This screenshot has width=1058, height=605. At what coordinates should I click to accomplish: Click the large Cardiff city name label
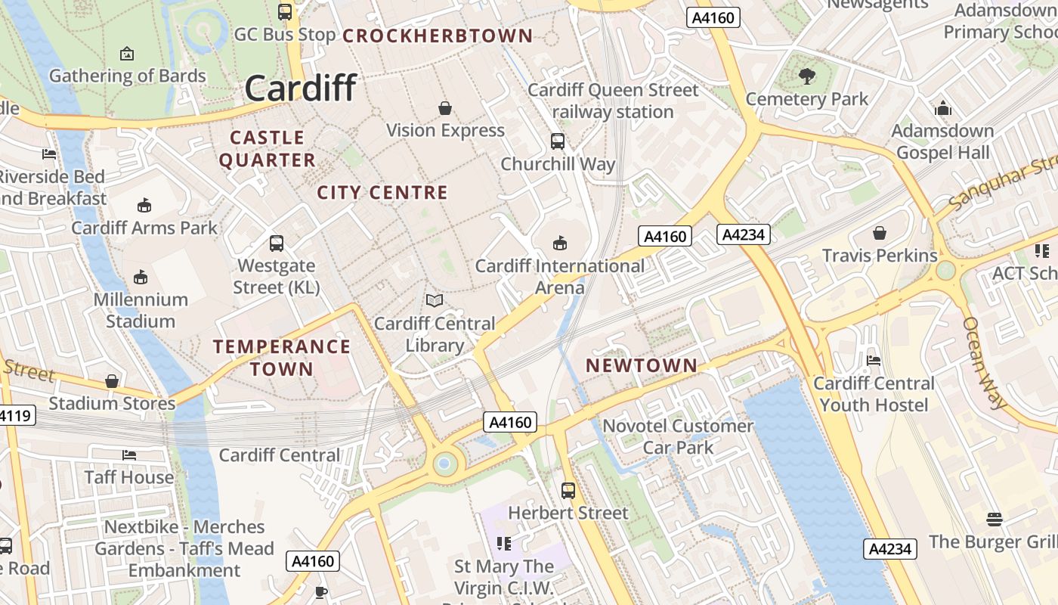tap(300, 88)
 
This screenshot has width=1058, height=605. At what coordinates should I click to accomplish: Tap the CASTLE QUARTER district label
tap(267, 149)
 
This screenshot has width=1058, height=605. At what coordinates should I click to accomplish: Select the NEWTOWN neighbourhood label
tap(642, 365)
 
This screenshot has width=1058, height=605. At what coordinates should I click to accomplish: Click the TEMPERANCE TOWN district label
tap(282, 358)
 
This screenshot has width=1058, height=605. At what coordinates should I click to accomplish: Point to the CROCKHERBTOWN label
tap(438, 36)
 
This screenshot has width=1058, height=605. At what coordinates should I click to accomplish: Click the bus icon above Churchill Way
tap(558, 141)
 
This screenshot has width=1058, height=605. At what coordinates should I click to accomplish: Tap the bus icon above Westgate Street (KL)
tap(277, 244)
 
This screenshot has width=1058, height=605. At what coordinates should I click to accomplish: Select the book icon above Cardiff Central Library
tap(435, 301)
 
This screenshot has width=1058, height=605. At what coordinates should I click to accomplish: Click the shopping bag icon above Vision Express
tap(445, 108)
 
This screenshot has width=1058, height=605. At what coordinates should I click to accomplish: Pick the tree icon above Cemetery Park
tap(807, 76)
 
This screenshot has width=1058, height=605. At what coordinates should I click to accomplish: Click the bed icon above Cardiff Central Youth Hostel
tap(874, 360)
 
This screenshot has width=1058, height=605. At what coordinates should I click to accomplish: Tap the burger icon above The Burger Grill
tap(995, 519)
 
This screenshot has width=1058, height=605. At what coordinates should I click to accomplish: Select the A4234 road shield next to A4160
tap(744, 234)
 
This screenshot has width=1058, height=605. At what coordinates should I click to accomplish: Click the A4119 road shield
tap(15, 415)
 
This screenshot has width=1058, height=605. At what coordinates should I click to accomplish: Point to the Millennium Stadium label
tap(141, 310)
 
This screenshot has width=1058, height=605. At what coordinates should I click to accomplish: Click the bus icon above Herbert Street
tap(568, 490)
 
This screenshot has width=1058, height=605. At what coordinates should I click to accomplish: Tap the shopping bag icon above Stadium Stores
tap(112, 381)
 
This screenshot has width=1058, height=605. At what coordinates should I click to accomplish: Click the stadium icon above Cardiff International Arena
tap(559, 243)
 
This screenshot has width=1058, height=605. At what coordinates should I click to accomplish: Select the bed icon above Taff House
tap(129, 455)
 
